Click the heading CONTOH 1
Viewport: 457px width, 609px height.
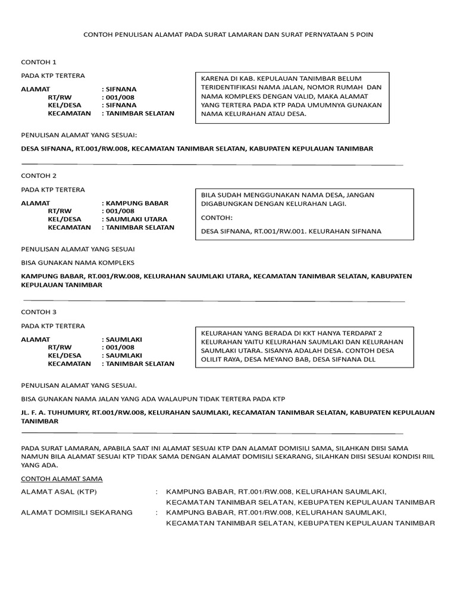point(39,62)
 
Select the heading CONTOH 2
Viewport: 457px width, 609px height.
point(39,176)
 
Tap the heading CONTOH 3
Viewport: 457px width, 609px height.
point(39,312)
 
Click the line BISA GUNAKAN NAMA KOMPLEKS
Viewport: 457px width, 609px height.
point(78,262)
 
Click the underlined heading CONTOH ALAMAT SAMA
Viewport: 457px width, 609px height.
point(61,478)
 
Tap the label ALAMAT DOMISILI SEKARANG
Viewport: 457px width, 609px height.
point(76,512)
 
